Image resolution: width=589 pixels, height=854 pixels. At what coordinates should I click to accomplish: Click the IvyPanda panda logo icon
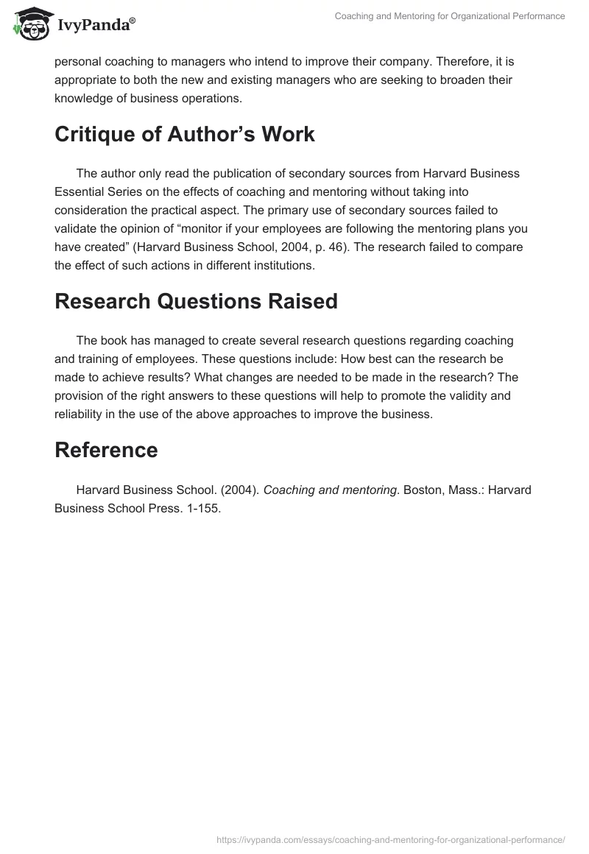pos(28,24)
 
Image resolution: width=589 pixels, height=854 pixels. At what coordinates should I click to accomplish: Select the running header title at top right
pos(450,16)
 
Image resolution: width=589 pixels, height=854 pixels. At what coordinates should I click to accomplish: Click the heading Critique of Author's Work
pos(185,135)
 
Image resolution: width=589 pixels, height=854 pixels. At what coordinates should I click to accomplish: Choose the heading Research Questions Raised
pos(196,301)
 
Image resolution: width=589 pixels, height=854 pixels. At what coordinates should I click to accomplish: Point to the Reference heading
pos(106,450)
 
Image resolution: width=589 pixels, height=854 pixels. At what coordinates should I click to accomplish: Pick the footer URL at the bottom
pos(391,839)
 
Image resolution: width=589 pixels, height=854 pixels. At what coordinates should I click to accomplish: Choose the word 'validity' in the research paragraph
pos(468,395)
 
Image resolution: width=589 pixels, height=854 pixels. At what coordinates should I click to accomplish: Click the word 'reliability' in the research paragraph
pos(83,414)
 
